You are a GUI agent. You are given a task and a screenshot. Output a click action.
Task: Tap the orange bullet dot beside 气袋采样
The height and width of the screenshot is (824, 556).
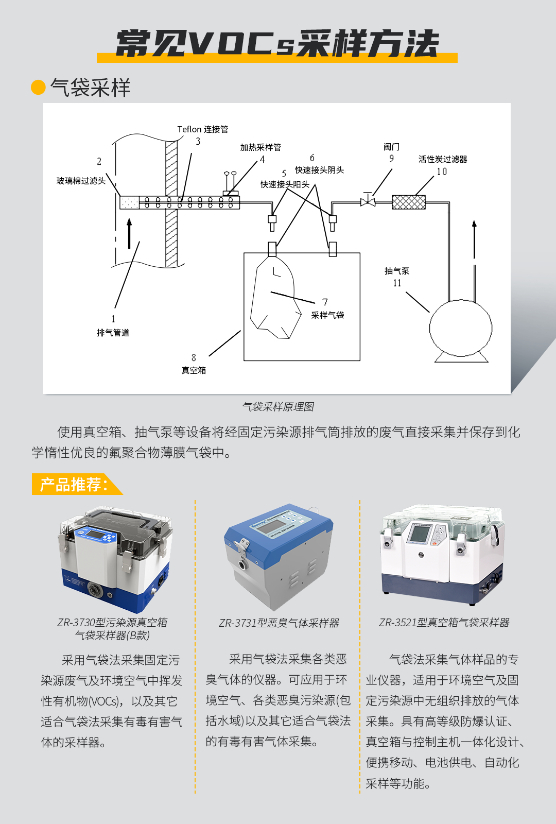39,88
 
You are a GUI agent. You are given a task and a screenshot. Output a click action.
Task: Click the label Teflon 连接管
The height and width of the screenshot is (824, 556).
202,129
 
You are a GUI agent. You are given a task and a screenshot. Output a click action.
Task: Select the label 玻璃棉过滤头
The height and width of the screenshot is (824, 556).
81,181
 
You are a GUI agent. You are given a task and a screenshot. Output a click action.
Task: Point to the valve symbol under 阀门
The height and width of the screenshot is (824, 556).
368,201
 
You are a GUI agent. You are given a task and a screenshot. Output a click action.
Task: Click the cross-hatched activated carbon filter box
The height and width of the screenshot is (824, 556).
409,202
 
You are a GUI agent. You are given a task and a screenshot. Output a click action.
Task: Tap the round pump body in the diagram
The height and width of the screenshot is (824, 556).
460,328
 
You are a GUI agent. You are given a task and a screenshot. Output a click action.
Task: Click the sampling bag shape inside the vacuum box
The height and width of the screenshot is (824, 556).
275,301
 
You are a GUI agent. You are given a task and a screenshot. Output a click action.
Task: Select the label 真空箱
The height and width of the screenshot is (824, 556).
194,370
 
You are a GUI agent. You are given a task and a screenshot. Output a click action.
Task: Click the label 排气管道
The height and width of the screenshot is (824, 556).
113,333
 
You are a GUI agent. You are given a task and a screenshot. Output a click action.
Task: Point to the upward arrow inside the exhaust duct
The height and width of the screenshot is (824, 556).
129,233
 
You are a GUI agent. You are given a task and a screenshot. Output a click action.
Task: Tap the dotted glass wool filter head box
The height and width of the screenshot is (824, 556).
129,202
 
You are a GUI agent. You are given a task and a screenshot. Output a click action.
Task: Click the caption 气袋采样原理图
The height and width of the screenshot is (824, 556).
278,407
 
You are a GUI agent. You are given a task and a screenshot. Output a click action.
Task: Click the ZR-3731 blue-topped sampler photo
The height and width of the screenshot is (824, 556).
279,556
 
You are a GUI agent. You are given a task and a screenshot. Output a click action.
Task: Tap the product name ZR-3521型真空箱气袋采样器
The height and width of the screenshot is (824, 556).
444,623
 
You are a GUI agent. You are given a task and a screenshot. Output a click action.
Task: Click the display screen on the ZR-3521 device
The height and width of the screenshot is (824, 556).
419,534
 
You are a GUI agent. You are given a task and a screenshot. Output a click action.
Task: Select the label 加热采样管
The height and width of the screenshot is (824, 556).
260,147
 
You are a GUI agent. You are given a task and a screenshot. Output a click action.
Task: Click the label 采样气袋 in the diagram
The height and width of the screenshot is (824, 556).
327,315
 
